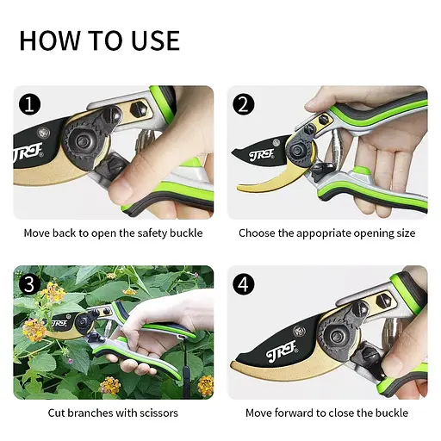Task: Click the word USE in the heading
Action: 156,40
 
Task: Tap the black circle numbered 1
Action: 30,105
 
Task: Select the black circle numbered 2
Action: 244,105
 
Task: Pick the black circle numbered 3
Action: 30,284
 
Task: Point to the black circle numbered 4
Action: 244,284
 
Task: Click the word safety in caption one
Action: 152,233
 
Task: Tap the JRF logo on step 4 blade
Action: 282,351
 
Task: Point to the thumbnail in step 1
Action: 121,188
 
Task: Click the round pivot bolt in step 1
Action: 82,141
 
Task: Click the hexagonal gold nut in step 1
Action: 139,109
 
